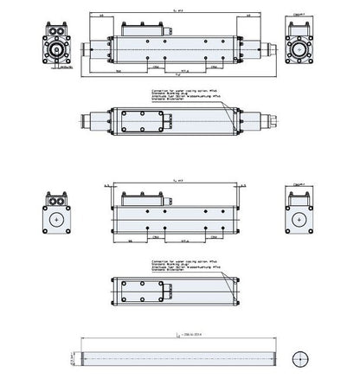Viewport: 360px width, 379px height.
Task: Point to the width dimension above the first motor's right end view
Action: [299, 15]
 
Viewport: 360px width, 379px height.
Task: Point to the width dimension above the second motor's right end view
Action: [299, 184]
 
